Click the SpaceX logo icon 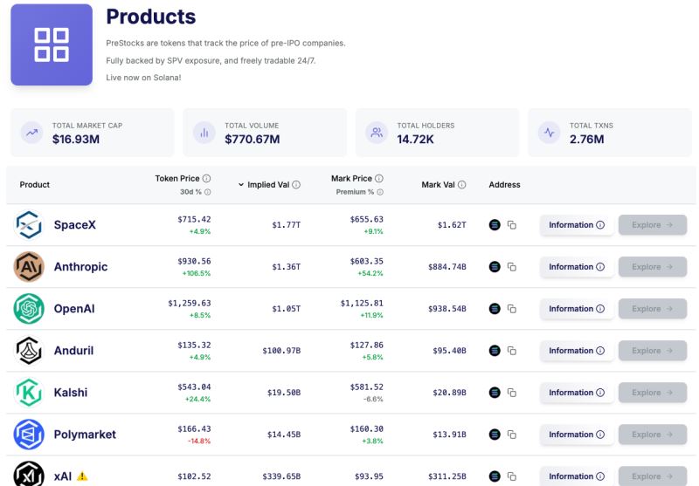pyautogui.click(x=29, y=225)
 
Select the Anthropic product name pyautogui.click(x=80, y=267)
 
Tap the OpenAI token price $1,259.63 pyautogui.click(x=189, y=303)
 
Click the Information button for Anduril pyautogui.click(x=576, y=351)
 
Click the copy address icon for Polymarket pyautogui.click(x=512, y=435)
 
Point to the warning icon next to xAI pyautogui.click(x=82, y=476)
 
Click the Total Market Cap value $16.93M pyautogui.click(x=77, y=139)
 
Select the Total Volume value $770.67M pyautogui.click(x=252, y=139)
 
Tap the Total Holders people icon pyautogui.click(x=377, y=133)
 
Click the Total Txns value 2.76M pyautogui.click(x=586, y=139)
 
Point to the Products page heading pyautogui.click(x=150, y=17)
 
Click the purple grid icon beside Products pyautogui.click(x=52, y=44)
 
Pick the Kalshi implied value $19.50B pyautogui.click(x=283, y=393)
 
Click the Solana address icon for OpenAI pyautogui.click(x=495, y=309)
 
